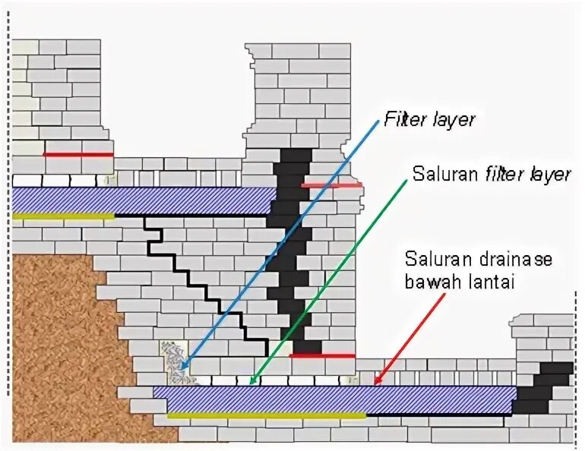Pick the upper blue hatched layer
(144, 200)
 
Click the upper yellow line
(64, 216)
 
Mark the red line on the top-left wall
(77, 154)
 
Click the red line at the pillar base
(322, 355)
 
